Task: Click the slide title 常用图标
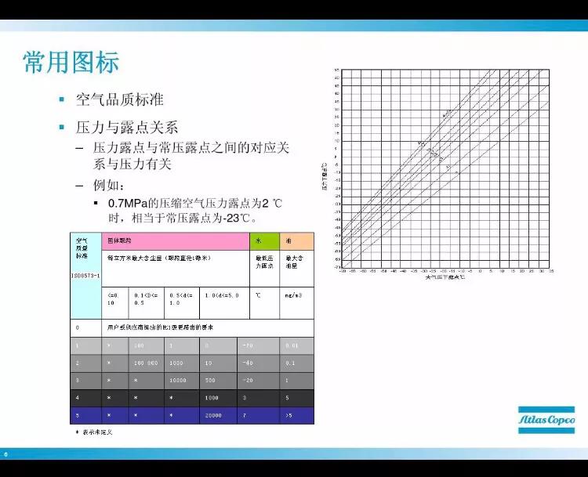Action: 71,62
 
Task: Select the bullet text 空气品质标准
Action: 119,100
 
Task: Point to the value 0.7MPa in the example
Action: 128,204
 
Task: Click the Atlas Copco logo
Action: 544,421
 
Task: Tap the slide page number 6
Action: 5,455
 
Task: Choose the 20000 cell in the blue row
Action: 214,414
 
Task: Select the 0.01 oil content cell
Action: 292,345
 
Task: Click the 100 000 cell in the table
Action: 147,363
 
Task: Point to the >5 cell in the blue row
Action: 289,414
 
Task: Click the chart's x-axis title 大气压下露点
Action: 445,276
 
